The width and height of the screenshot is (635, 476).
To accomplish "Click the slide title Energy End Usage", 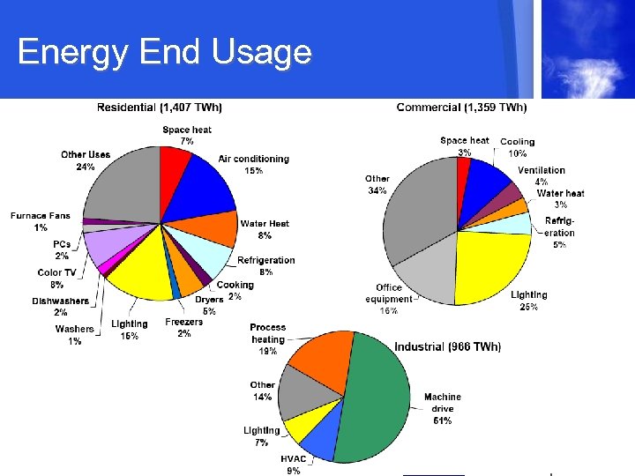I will coord(164,53).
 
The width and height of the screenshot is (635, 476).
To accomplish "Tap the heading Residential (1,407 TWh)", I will coord(160,108).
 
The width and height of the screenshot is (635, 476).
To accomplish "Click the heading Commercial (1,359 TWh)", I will coord(461,108).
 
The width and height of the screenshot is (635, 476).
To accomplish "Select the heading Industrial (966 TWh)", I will coord(447,346).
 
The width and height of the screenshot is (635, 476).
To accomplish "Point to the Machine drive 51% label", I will coord(442,409).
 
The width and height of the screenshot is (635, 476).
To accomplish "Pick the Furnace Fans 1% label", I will coord(41,221).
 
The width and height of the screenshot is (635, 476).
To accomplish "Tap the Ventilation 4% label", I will coord(542,175).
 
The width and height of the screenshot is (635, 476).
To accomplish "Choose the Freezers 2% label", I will coord(183,327).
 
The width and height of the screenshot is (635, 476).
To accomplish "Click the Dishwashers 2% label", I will coord(60,306).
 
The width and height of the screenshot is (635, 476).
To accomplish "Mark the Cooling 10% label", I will coord(518,146).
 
